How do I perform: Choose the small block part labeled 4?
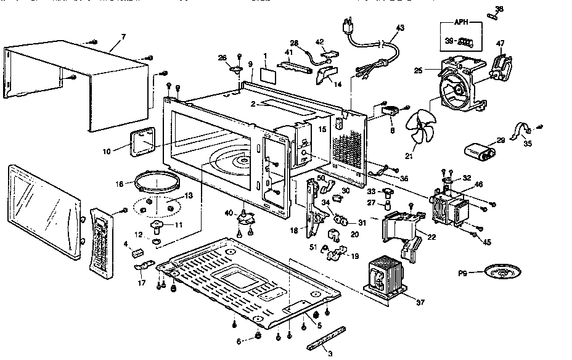point(137,252)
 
